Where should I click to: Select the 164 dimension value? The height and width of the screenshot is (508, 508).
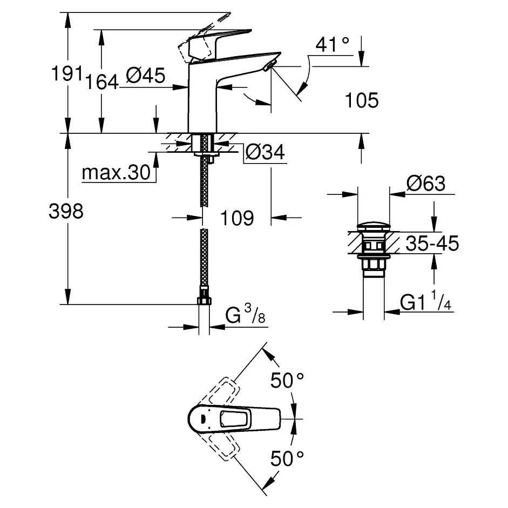click(x=103, y=82)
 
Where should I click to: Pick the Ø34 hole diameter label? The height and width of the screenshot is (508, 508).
click(x=265, y=153)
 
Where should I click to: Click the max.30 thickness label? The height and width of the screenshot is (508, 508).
click(x=115, y=173)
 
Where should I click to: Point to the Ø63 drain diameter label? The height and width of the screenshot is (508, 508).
click(x=425, y=184)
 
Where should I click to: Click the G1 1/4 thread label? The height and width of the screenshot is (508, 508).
click(x=426, y=303)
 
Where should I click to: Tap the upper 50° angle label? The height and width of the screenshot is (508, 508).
click(x=286, y=381)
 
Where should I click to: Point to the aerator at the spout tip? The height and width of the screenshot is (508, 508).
click(x=269, y=66)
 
